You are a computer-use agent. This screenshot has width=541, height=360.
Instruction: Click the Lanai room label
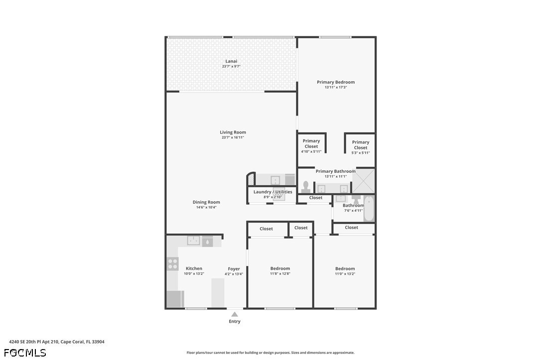tap(231, 61)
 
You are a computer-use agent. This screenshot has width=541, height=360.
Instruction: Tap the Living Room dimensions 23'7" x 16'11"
tap(233, 137)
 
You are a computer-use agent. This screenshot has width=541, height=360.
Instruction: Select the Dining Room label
tap(206, 202)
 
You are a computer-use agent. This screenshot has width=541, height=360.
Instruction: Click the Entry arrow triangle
tap(235, 314)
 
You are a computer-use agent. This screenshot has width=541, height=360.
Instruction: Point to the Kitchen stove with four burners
tap(172, 264)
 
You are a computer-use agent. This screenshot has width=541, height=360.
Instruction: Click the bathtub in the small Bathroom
tap(369, 208)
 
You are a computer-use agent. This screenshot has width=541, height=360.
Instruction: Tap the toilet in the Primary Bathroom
tap(305, 187)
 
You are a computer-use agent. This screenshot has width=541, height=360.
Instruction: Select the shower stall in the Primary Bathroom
tap(363, 181)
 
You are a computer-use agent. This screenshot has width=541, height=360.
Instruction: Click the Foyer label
tap(234, 269)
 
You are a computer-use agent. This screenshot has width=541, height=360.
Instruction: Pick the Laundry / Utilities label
tap(273, 192)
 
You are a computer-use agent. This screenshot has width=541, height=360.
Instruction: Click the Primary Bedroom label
tap(336, 82)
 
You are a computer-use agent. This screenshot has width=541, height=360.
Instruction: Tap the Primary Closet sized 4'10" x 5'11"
tap(311, 146)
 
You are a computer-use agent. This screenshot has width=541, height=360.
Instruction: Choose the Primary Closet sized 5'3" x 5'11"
tap(361, 147)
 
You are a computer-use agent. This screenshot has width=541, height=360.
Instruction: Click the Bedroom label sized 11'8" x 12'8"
tap(280, 268)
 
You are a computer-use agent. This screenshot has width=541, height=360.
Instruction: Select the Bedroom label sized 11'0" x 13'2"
tap(345, 268)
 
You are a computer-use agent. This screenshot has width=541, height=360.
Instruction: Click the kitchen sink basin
tap(193, 240)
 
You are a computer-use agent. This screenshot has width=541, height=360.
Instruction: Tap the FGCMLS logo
tap(25, 353)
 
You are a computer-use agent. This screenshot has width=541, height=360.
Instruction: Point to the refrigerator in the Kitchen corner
tap(175, 299)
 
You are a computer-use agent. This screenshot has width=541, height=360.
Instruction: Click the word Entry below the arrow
tap(235, 321)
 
